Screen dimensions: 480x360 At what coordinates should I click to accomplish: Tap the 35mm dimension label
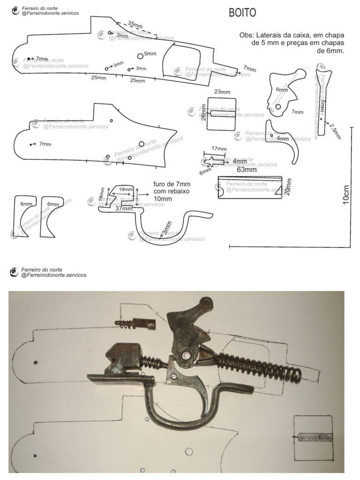point(135,25)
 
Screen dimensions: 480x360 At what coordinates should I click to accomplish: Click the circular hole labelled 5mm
point(140,56)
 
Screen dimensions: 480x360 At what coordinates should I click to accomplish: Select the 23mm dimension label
point(222,92)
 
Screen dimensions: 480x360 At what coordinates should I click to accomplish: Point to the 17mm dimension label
point(219,149)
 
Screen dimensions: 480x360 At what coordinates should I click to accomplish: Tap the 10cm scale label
point(346,193)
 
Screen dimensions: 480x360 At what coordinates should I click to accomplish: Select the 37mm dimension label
point(124,209)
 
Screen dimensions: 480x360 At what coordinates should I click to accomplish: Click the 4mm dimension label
point(240,162)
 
